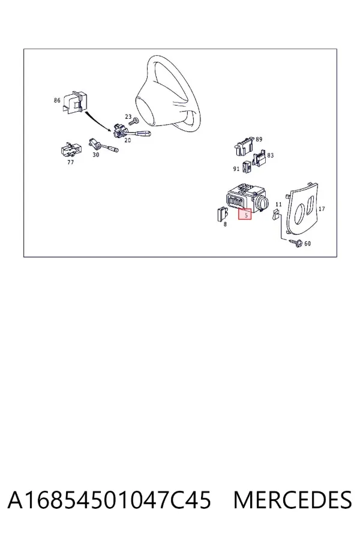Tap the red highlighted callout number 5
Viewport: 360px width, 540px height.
tap(245, 214)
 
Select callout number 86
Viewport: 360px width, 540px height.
tap(57, 100)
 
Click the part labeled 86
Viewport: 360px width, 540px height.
tap(73, 101)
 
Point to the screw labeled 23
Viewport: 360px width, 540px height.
tap(133, 122)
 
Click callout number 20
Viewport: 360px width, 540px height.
tap(127, 140)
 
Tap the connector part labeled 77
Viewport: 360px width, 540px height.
tap(71, 149)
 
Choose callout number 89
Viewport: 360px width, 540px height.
tap(259, 139)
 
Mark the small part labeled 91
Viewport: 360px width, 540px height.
tap(247, 167)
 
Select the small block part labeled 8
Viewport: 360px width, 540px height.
tap(221, 214)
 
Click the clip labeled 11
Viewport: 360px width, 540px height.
tap(276, 215)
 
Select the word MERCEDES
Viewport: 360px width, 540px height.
tap(292, 500)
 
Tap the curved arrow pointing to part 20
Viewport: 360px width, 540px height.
tap(97, 121)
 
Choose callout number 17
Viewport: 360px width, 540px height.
tap(322, 209)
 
